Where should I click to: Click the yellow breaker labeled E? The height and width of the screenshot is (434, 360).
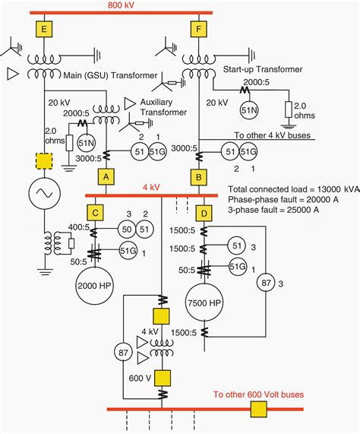pyautogui.click(x=44, y=29)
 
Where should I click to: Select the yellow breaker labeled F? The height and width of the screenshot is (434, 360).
pyautogui.click(x=198, y=29)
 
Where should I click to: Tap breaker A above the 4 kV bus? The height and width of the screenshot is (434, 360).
pyautogui.click(x=106, y=177)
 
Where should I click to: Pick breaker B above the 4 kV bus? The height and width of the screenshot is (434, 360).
pyautogui.click(x=198, y=177)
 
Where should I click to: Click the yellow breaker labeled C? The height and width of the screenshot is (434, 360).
pyautogui.click(x=95, y=213)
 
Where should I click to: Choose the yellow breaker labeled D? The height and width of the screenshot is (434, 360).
pyautogui.click(x=204, y=214)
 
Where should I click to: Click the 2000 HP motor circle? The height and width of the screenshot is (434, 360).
pyautogui.click(x=95, y=286)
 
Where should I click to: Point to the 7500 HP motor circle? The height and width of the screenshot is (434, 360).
pyautogui.click(x=204, y=303)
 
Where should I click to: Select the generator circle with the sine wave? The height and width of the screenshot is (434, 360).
pyautogui.click(x=45, y=193)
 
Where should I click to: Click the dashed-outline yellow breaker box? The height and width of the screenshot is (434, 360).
pyautogui.click(x=44, y=161)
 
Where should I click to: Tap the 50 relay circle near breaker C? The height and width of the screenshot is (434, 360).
pyautogui.click(x=127, y=230)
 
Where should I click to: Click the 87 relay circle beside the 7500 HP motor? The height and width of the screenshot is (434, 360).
pyautogui.click(x=266, y=283)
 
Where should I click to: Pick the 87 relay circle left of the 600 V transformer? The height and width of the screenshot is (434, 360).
pyautogui.click(x=123, y=353)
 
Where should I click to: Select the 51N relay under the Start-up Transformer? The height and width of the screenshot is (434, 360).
pyautogui.click(x=249, y=110)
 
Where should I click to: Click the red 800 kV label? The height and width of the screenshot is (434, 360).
pyautogui.click(x=121, y=5)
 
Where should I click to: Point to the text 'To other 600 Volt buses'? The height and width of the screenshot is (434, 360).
pyautogui.click(x=258, y=394)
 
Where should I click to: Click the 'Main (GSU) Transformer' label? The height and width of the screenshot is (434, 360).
pyautogui.click(x=110, y=75)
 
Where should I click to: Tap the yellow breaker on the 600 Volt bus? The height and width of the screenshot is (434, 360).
pyautogui.click(x=259, y=410)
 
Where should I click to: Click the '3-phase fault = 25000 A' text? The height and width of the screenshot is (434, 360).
pyautogui.click(x=273, y=210)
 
